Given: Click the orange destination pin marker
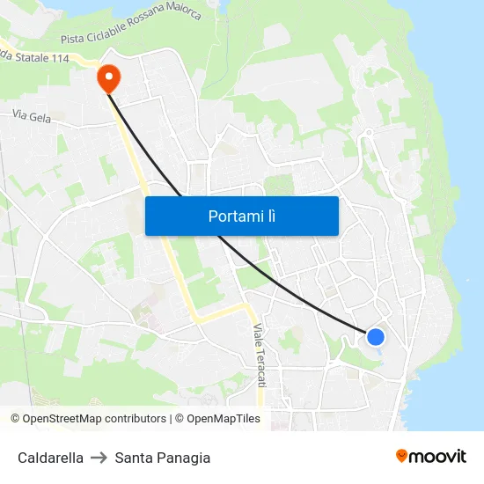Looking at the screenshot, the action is [x=109, y=77].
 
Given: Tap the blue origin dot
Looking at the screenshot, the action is [x=376, y=336].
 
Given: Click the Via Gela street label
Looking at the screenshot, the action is [x=33, y=115].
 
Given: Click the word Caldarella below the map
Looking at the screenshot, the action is [x=50, y=458].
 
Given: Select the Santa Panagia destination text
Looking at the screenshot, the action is [x=163, y=458].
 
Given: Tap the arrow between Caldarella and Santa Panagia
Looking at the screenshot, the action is [x=99, y=458].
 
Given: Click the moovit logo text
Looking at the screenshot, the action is [x=438, y=456].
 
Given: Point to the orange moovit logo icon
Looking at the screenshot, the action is [x=402, y=456].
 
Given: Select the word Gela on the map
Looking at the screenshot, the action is [x=40, y=115].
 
